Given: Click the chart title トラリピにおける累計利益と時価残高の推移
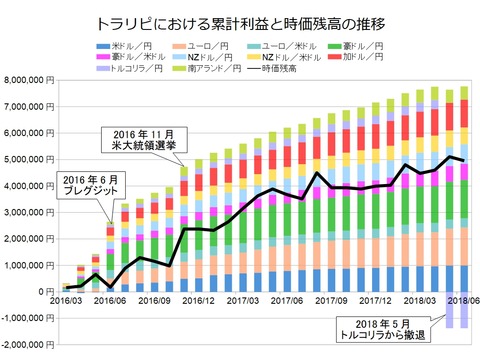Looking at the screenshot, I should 240,21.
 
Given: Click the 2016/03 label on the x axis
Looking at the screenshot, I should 67,299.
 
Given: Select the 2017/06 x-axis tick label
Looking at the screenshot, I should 285,299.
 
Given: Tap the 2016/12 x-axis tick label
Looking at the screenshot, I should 197,299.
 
